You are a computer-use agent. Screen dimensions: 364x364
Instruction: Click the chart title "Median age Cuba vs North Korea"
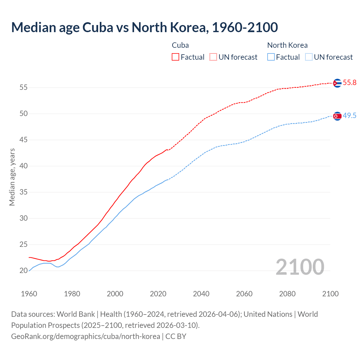[144, 27]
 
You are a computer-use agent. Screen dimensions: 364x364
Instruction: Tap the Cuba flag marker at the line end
[337, 83]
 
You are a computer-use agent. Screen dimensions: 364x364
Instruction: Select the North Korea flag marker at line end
[337, 116]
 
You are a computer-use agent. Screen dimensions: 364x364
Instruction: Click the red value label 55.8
[349, 83]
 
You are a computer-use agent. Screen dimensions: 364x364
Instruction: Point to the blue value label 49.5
[349, 116]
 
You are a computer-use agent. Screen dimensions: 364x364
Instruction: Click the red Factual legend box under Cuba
[175, 57]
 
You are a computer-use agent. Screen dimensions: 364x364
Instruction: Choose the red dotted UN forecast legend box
[213, 57]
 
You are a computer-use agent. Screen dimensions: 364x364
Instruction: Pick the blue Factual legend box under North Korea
[271, 57]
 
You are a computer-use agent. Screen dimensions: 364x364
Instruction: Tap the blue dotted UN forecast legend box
[309, 57]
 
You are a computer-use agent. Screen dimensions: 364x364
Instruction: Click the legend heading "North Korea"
[287, 45]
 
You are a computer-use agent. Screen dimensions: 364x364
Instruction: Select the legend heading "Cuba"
[180, 45]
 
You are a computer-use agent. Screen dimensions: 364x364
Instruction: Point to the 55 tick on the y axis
[23, 88]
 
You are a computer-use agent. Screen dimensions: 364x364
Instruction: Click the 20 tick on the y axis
[23, 271]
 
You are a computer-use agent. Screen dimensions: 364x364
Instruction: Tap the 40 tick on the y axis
[23, 166]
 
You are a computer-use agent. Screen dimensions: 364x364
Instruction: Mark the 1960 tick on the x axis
[29, 294]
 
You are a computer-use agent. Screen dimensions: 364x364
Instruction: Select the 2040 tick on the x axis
[201, 294]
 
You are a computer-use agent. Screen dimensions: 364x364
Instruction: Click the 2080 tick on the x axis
[287, 294]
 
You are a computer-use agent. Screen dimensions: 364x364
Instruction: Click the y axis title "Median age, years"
[12, 177]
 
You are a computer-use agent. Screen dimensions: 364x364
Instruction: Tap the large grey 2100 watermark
[300, 267]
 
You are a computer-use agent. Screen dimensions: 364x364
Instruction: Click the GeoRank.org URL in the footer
[85, 336]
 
